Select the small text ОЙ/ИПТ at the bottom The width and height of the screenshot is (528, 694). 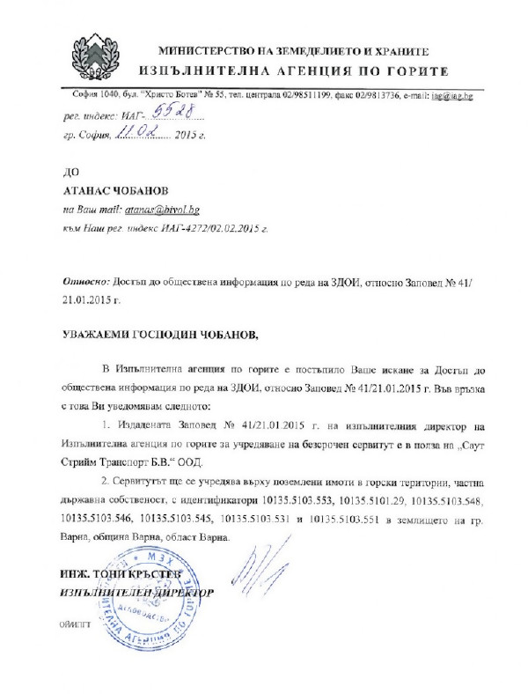(x=74, y=623)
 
